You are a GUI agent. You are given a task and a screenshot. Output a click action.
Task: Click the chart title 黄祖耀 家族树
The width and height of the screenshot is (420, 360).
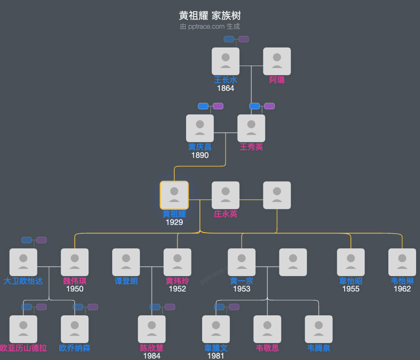(x=210, y=16)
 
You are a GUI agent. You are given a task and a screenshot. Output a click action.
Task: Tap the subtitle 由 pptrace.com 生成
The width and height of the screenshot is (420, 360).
(x=210, y=27)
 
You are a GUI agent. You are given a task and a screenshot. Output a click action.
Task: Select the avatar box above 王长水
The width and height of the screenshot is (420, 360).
(x=226, y=61)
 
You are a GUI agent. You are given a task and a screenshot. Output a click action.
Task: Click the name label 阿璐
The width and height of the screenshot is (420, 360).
(x=277, y=80)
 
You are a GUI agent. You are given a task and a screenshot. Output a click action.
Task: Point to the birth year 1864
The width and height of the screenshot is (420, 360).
(x=226, y=88)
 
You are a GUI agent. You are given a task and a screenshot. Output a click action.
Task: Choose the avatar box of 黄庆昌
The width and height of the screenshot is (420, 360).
(x=200, y=128)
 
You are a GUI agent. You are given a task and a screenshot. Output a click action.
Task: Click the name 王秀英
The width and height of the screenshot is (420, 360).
(x=251, y=147)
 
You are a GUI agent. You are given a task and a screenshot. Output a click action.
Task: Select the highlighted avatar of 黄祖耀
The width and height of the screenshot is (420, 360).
(x=174, y=195)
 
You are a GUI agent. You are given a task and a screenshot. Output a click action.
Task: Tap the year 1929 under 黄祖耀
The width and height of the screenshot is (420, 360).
(x=174, y=222)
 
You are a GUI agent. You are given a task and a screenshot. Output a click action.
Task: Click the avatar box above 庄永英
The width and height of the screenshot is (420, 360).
(x=226, y=195)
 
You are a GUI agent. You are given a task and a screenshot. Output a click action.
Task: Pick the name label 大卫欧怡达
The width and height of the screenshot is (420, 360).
(x=23, y=281)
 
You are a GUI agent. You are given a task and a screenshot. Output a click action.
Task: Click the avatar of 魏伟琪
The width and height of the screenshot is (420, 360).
(x=75, y=262)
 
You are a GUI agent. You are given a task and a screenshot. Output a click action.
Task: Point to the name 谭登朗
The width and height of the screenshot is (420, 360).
(x=126, y=281)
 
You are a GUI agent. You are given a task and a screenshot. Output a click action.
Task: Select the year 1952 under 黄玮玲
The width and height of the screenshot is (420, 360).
(x=177, y=289)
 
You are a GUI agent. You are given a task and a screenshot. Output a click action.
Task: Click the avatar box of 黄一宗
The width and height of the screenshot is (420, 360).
(x=242, y=262)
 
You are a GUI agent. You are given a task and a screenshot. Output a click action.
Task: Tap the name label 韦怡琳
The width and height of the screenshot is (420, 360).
(x=402, y=281)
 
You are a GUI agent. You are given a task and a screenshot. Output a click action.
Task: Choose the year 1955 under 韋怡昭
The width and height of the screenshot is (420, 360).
(x=350, y=289)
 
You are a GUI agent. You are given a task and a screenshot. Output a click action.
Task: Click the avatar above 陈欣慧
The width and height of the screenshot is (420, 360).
(x=152, y=329)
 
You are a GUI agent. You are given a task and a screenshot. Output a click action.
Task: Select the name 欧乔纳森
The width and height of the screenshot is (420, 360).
(x=75, y=348)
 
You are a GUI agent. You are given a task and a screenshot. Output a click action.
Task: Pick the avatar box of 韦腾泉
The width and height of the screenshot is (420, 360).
(x=318, y=329)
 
